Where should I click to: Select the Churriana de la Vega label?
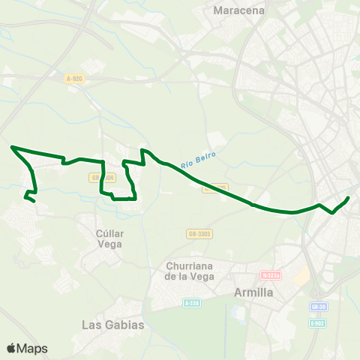click(x=189, y=271)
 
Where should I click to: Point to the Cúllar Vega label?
click(x=109, y=238)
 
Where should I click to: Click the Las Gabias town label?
click(x=112, y=325)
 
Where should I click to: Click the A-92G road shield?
click(x=73, y=78)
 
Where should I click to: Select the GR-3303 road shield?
click(x=199, y=234)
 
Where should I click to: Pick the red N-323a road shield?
click(x=271, y=275)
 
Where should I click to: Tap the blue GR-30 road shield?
click(x=318, y=307)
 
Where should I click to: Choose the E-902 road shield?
click(x=319, y=323)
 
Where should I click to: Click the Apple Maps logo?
click(x=27, y=348)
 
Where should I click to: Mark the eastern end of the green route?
click(x=349, y=198)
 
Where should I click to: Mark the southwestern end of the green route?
click(x=34, y=202)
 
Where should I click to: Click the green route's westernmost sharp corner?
click(x=12, y=147)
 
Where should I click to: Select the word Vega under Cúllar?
click(x=109, y=243)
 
